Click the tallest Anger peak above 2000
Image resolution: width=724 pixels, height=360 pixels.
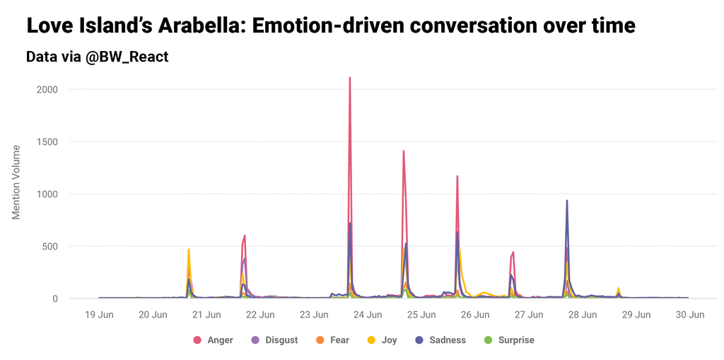pyautogui.click(x=350, y=79)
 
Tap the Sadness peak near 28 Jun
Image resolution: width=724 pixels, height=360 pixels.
pyautogui.click(x=567, y=201)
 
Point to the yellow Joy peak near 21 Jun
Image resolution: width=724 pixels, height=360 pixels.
pyautogui.click(x=189, y=250)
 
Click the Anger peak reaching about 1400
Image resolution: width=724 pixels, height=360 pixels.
pyautogui.click(x=404, y=151)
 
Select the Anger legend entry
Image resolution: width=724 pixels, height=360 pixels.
pyautogui.click(x=214, y=340)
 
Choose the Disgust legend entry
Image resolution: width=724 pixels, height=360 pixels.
pyautogui.click(x=274, y=340)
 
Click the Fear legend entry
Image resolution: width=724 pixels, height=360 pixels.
pyautogui.click(x=332, y=340)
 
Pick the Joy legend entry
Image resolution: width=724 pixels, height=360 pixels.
pyautogui.click(x=382, y=340)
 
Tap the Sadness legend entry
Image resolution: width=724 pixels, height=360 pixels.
pyautogui.click(x=440, y=340)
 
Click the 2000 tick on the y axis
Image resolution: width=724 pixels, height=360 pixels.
pyautogui.click(x=46, y=90)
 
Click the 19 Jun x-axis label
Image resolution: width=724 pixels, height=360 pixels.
pyautogui.click(x=98, y=315)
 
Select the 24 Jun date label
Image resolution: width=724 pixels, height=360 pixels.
pyautogui.click(x=367, y=315)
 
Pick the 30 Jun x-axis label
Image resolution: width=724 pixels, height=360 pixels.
pyautogui.click(x=689, y=315)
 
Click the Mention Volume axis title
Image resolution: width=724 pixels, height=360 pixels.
pyautogui.click(x=17, y=182)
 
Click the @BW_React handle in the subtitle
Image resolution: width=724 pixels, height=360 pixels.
pyautogui.click(x=127, y=57)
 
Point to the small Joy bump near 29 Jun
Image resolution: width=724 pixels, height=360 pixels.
pyautogui.click(x=619, y=289)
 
